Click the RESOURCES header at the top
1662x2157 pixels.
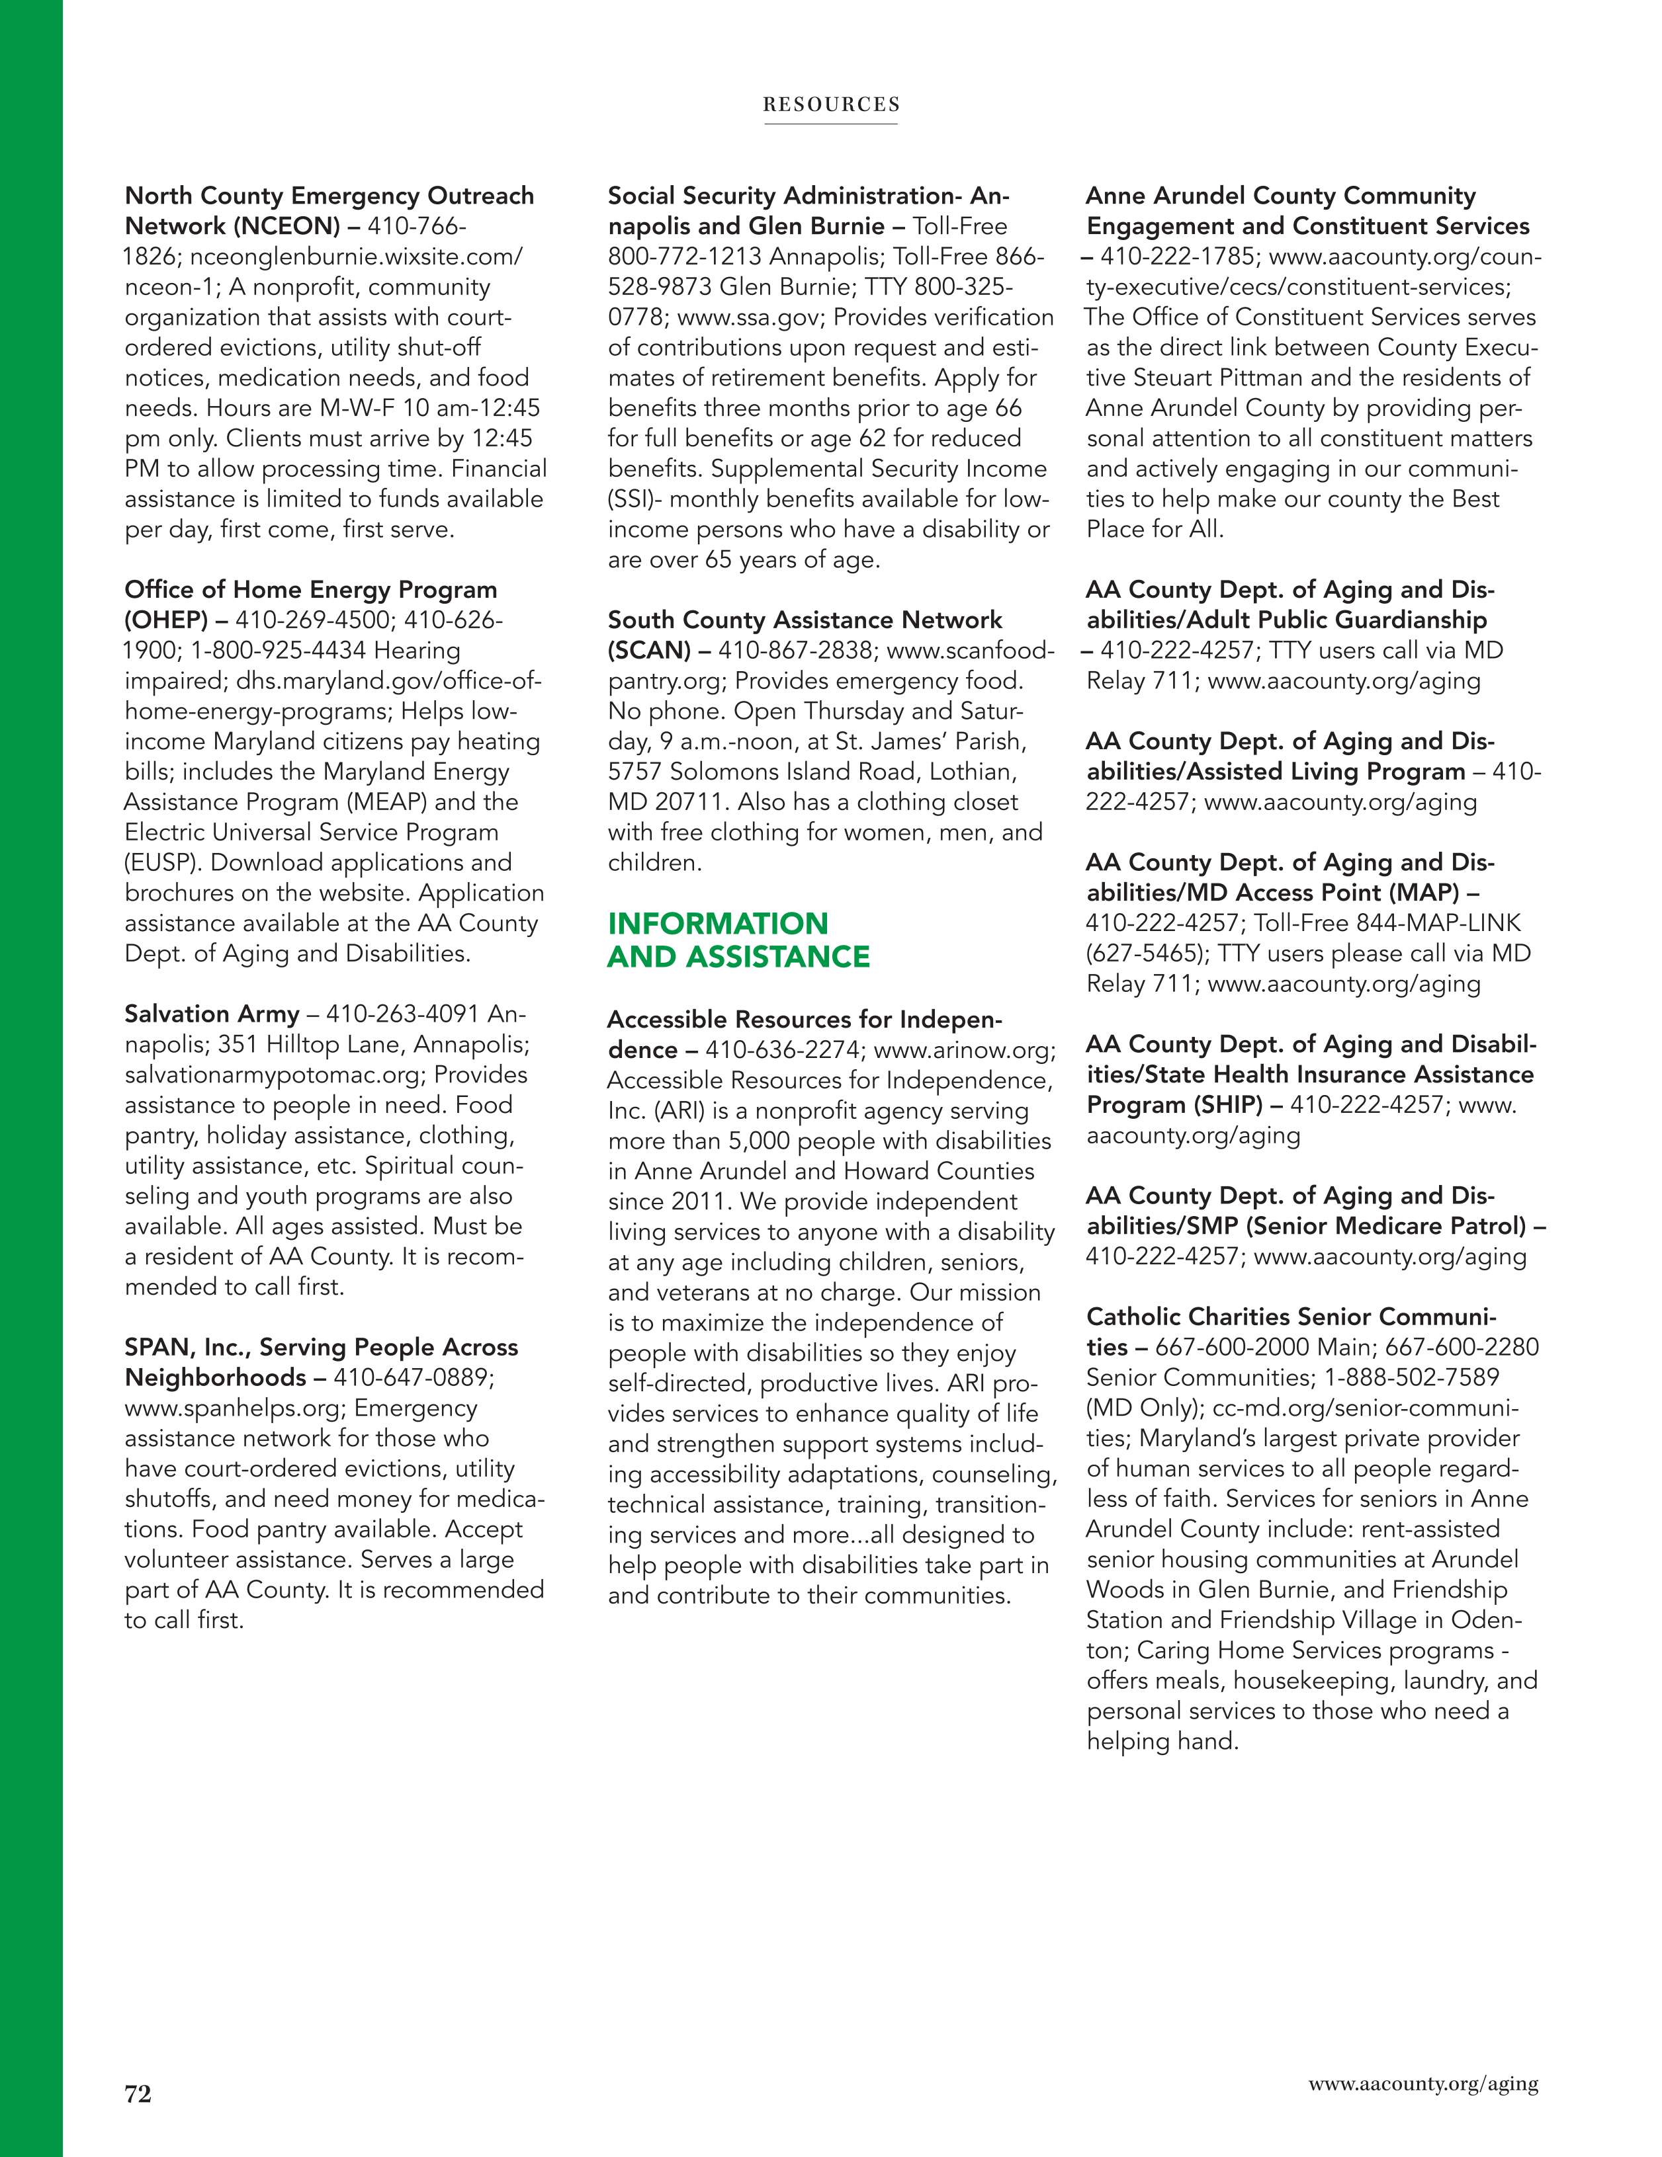point(831,104)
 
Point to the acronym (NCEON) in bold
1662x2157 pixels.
point(286,226)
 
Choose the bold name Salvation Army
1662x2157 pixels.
point(212,1014)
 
